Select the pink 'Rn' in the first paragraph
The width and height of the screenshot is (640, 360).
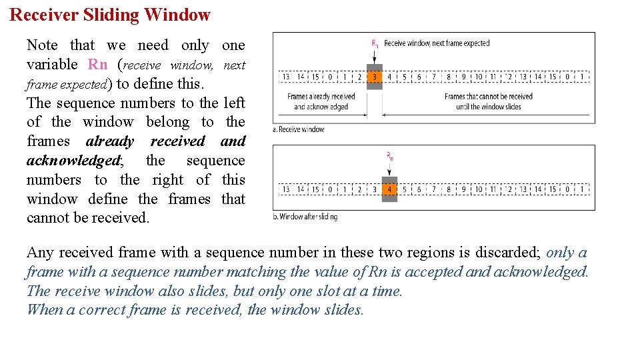[97, 65]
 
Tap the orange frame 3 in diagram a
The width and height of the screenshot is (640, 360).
[375, 77]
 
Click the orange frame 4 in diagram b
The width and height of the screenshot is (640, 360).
[390, 189]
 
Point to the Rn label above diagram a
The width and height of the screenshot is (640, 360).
[375, 44]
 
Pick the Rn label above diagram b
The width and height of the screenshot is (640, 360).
[390, 157]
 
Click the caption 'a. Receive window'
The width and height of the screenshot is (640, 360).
[298, 129]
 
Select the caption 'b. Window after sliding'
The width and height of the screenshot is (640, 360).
[305, 217]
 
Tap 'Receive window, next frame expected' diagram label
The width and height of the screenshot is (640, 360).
[437, 43]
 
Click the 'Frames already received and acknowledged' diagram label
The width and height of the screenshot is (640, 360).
[321, 101]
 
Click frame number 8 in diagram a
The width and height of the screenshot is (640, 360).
[449, 77]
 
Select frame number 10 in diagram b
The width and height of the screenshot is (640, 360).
[479, 189]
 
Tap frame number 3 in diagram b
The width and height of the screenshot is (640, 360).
[375, 189]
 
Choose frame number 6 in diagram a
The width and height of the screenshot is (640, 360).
[419, 77]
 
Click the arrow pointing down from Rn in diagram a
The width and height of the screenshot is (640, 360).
[375, 56]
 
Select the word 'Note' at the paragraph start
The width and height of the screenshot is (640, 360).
[42, 45]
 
